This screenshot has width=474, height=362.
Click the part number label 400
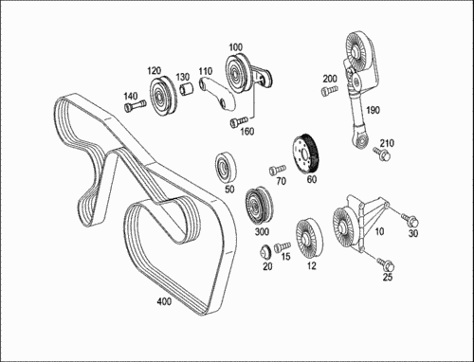pos(164,301)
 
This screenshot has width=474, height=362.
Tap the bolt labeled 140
pos(135,106)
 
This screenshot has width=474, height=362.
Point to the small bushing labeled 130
pos(188,88)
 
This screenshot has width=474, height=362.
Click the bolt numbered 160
pos(238,121)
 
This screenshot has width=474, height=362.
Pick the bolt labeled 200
pos(329,90)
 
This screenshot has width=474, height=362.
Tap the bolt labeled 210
pos(381,154)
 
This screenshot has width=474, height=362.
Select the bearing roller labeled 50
pos(226,168)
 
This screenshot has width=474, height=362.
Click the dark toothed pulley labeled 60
pos(305,154)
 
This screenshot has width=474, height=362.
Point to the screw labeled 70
pos(278,170)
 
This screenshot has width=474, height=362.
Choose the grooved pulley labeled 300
pos(259,207)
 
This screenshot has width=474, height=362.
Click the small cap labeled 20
pos(265,252)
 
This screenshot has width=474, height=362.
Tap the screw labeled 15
pos(282,246)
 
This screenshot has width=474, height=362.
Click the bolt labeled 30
pos(410,220)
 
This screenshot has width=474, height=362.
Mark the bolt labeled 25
pos(386,264)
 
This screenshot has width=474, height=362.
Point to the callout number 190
pos(373,110)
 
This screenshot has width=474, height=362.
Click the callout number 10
pos(379,231)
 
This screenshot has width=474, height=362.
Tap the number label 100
pos(235,47)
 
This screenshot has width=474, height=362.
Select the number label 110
pos(206,71)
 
